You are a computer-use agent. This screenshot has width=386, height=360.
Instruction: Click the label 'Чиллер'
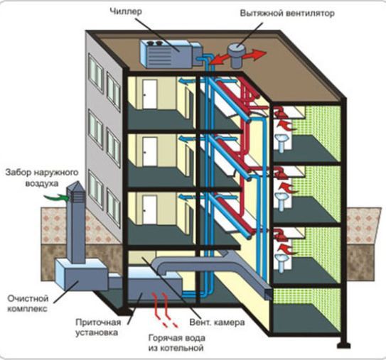pos(126,11)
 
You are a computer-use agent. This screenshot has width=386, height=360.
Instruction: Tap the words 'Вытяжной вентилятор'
pos(287,13)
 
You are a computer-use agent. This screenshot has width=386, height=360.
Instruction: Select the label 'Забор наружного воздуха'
pos(42,178)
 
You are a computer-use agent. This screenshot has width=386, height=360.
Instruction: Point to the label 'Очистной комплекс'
pos(28,303)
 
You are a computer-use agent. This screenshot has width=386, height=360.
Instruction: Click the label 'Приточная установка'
pos(98,327)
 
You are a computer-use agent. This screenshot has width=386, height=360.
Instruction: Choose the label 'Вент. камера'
pos(217,322)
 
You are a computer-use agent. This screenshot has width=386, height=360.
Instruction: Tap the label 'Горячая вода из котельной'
pos(177,343)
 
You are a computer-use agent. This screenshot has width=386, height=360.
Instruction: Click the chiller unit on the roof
pos(171,54)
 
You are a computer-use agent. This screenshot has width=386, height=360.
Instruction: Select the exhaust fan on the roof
pos(236,55)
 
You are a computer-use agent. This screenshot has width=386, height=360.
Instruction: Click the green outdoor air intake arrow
pos(57,197)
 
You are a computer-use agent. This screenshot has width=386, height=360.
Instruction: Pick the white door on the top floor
pos(150,94)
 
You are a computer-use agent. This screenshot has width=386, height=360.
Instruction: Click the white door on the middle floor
pos(150,151)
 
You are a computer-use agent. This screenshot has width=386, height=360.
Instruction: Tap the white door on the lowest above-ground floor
pos(150,209)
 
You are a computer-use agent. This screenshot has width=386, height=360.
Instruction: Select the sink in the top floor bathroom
pos(282,142)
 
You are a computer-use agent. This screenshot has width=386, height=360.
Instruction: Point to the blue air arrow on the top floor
pos(186,81)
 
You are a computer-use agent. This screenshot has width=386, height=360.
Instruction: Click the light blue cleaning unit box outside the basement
pos(80,274)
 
